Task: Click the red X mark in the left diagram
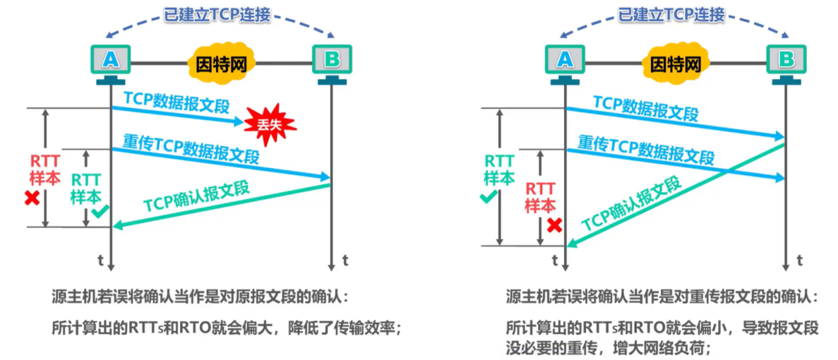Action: [32, 199]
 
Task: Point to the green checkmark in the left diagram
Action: [100, 210]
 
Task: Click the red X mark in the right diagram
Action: [555, 224]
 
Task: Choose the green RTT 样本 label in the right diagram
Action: [499, 169]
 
